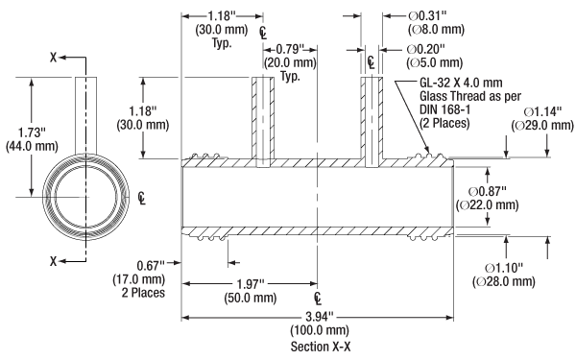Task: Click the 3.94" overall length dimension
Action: point(320,316)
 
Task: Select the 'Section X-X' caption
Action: point(321,347)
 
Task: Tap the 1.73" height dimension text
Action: point(32,132)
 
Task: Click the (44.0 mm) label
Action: point(32,146)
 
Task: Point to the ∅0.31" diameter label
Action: point(427,15)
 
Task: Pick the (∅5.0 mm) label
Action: point(434,62)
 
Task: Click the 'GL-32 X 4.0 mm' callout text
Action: point(461,83)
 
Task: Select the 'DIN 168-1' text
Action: point(444,109)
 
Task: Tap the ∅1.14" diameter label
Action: point(542,111)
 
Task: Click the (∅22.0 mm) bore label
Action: point(487,205)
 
